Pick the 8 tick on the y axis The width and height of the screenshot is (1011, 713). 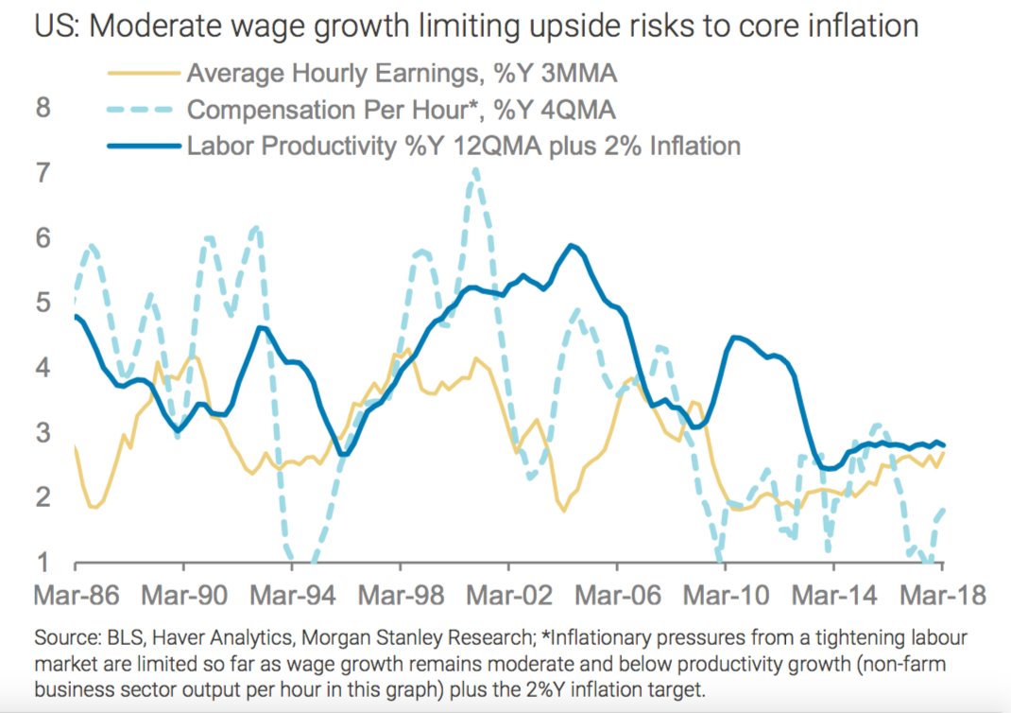43,108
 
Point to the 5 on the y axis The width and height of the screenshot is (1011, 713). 43,303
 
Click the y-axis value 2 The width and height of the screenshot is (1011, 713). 43,497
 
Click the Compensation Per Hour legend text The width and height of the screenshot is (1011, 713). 402,110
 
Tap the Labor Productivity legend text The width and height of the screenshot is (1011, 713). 463,146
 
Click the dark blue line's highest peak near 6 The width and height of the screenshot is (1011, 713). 571,246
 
